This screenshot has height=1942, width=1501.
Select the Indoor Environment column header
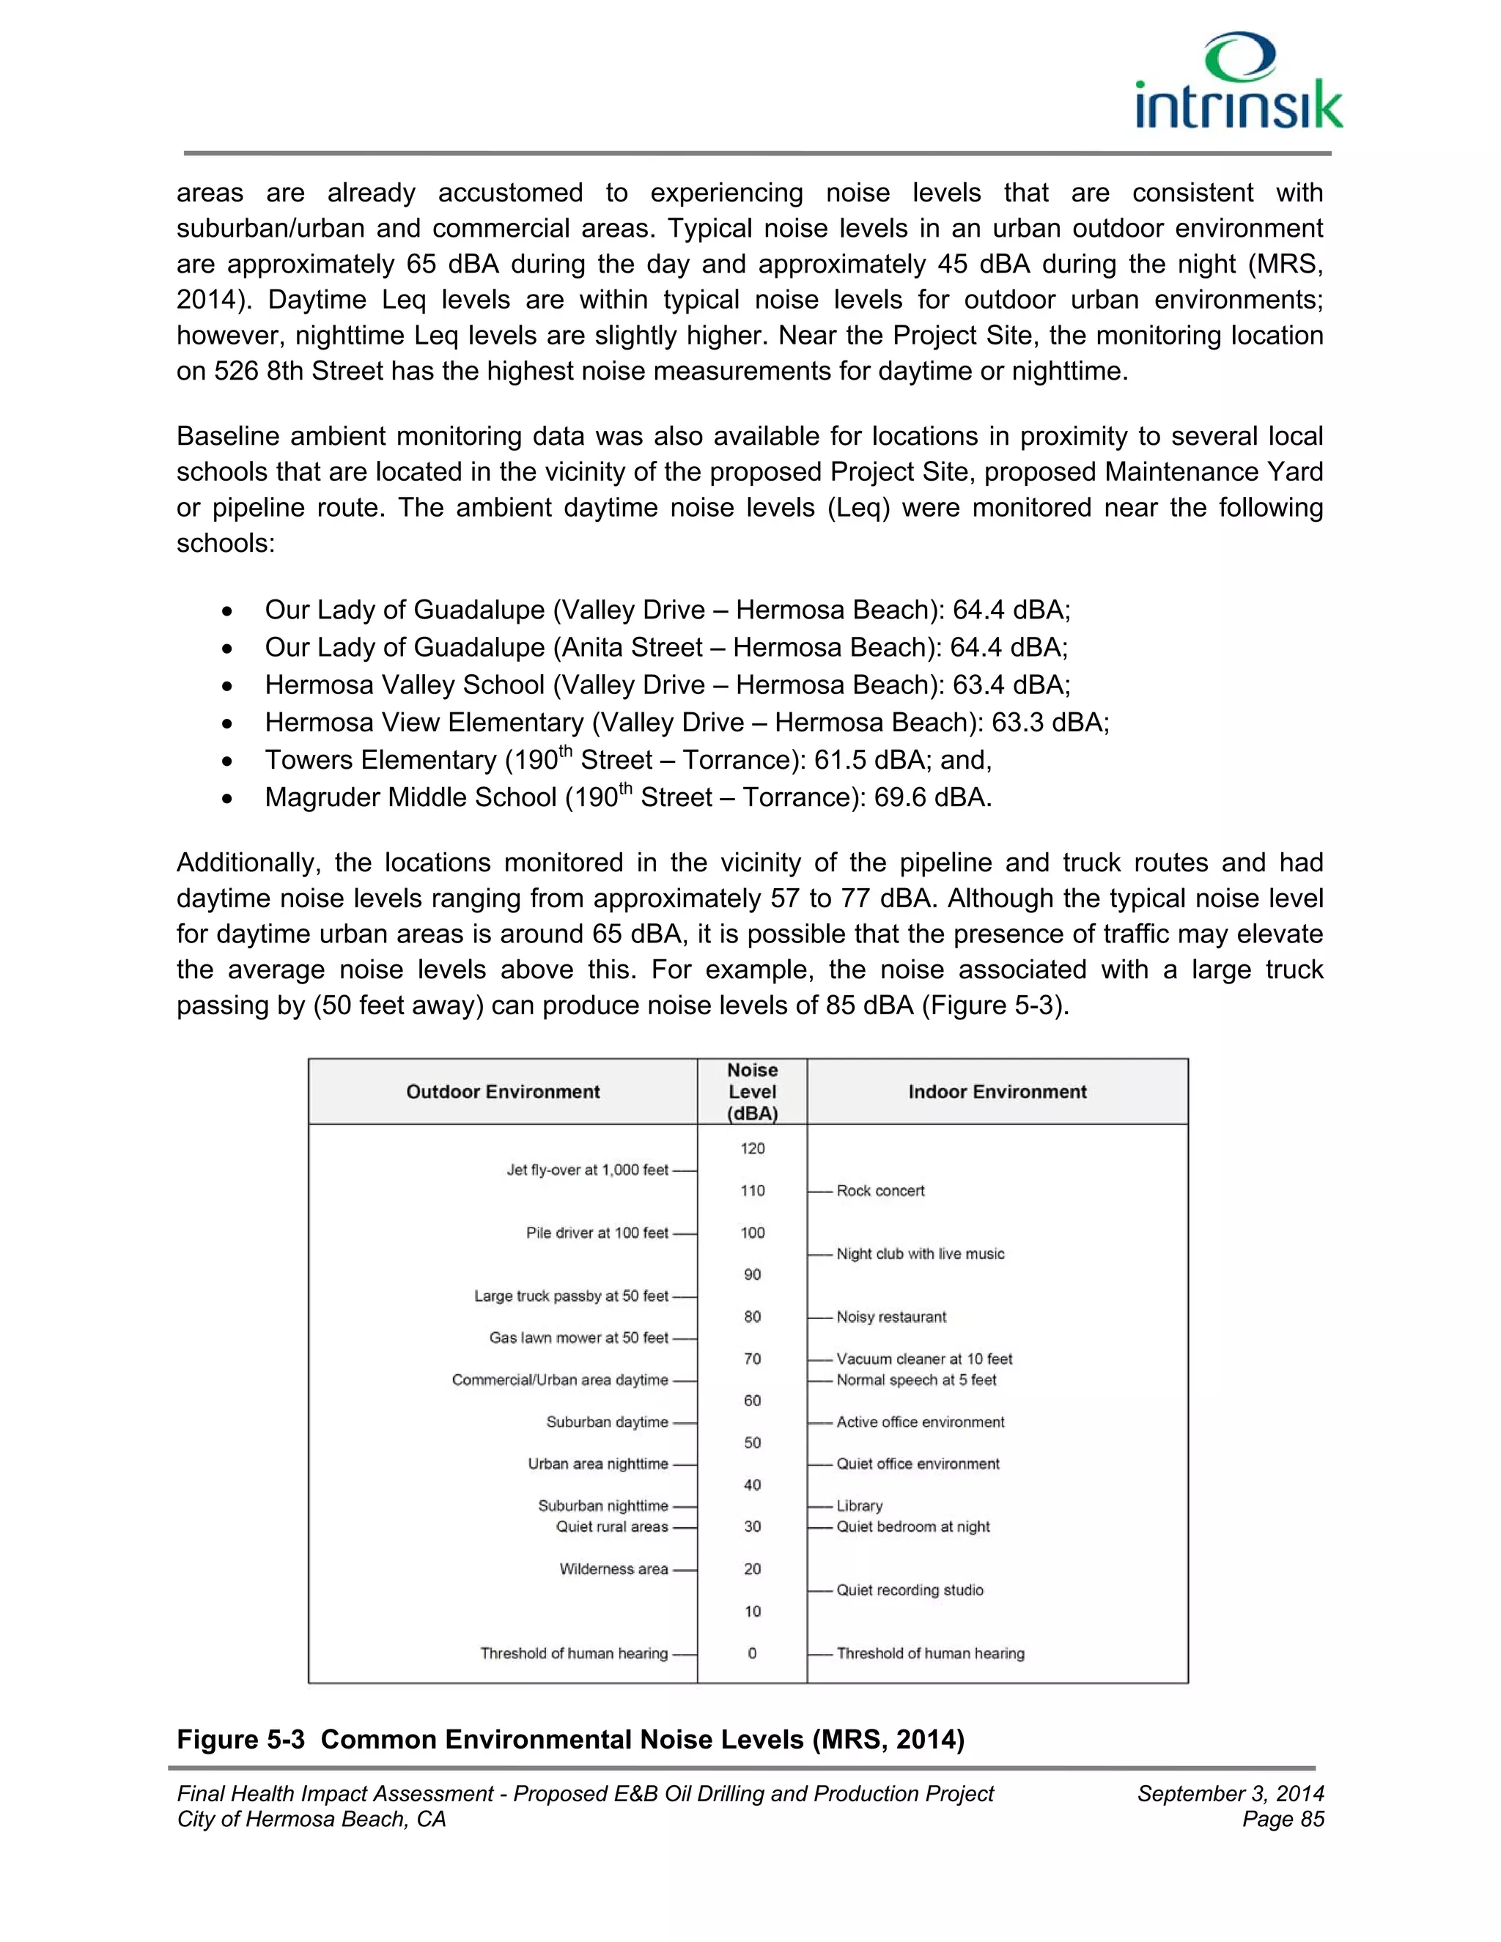997,1092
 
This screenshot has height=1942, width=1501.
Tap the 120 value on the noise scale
752,1148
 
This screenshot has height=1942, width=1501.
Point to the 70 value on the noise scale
752,1359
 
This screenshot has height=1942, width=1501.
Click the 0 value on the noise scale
752,1653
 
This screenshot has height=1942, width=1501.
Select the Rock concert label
879,1191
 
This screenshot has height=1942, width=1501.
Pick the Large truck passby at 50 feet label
571,1296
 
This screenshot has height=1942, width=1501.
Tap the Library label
859,1505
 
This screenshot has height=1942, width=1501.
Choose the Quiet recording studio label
909,1590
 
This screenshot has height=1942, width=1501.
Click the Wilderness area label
613,1568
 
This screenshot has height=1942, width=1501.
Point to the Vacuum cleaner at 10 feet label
924,1359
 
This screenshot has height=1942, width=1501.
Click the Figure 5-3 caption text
570,1739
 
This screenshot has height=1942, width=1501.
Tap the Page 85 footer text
1283,1820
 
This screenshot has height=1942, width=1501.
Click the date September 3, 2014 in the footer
1230,1793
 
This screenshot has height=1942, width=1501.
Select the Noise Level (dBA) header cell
752,1092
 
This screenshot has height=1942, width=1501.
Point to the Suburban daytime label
606,1422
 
